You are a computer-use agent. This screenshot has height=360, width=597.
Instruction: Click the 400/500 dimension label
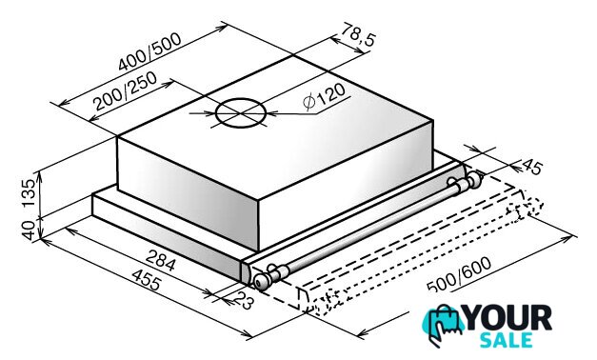(x=149, y=51)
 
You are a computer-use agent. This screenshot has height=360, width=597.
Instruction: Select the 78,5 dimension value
(x=358, y=34)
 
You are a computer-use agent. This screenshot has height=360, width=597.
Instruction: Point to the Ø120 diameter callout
(x=324, y=97)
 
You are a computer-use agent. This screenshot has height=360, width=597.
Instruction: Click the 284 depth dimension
(x=161, y=260)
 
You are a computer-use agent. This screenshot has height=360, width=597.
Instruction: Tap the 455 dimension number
(x=147, y=279)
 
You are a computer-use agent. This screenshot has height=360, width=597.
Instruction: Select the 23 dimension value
(x=244, y=299)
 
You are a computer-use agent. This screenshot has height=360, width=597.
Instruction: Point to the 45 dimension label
(x=532, y=167)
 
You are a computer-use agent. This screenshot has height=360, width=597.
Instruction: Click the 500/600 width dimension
(x=459, y=274)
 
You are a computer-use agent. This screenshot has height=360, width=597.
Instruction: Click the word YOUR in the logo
(x=508, y=318)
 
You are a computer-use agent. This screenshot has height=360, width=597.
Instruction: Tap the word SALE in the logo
(x=507, y=340)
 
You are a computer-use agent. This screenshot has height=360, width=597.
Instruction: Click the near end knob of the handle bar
(x=262, y=282)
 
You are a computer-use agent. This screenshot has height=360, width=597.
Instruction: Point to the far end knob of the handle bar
(x=474, y=179)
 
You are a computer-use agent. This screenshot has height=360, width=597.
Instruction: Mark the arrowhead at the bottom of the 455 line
(x=248, y=335)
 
